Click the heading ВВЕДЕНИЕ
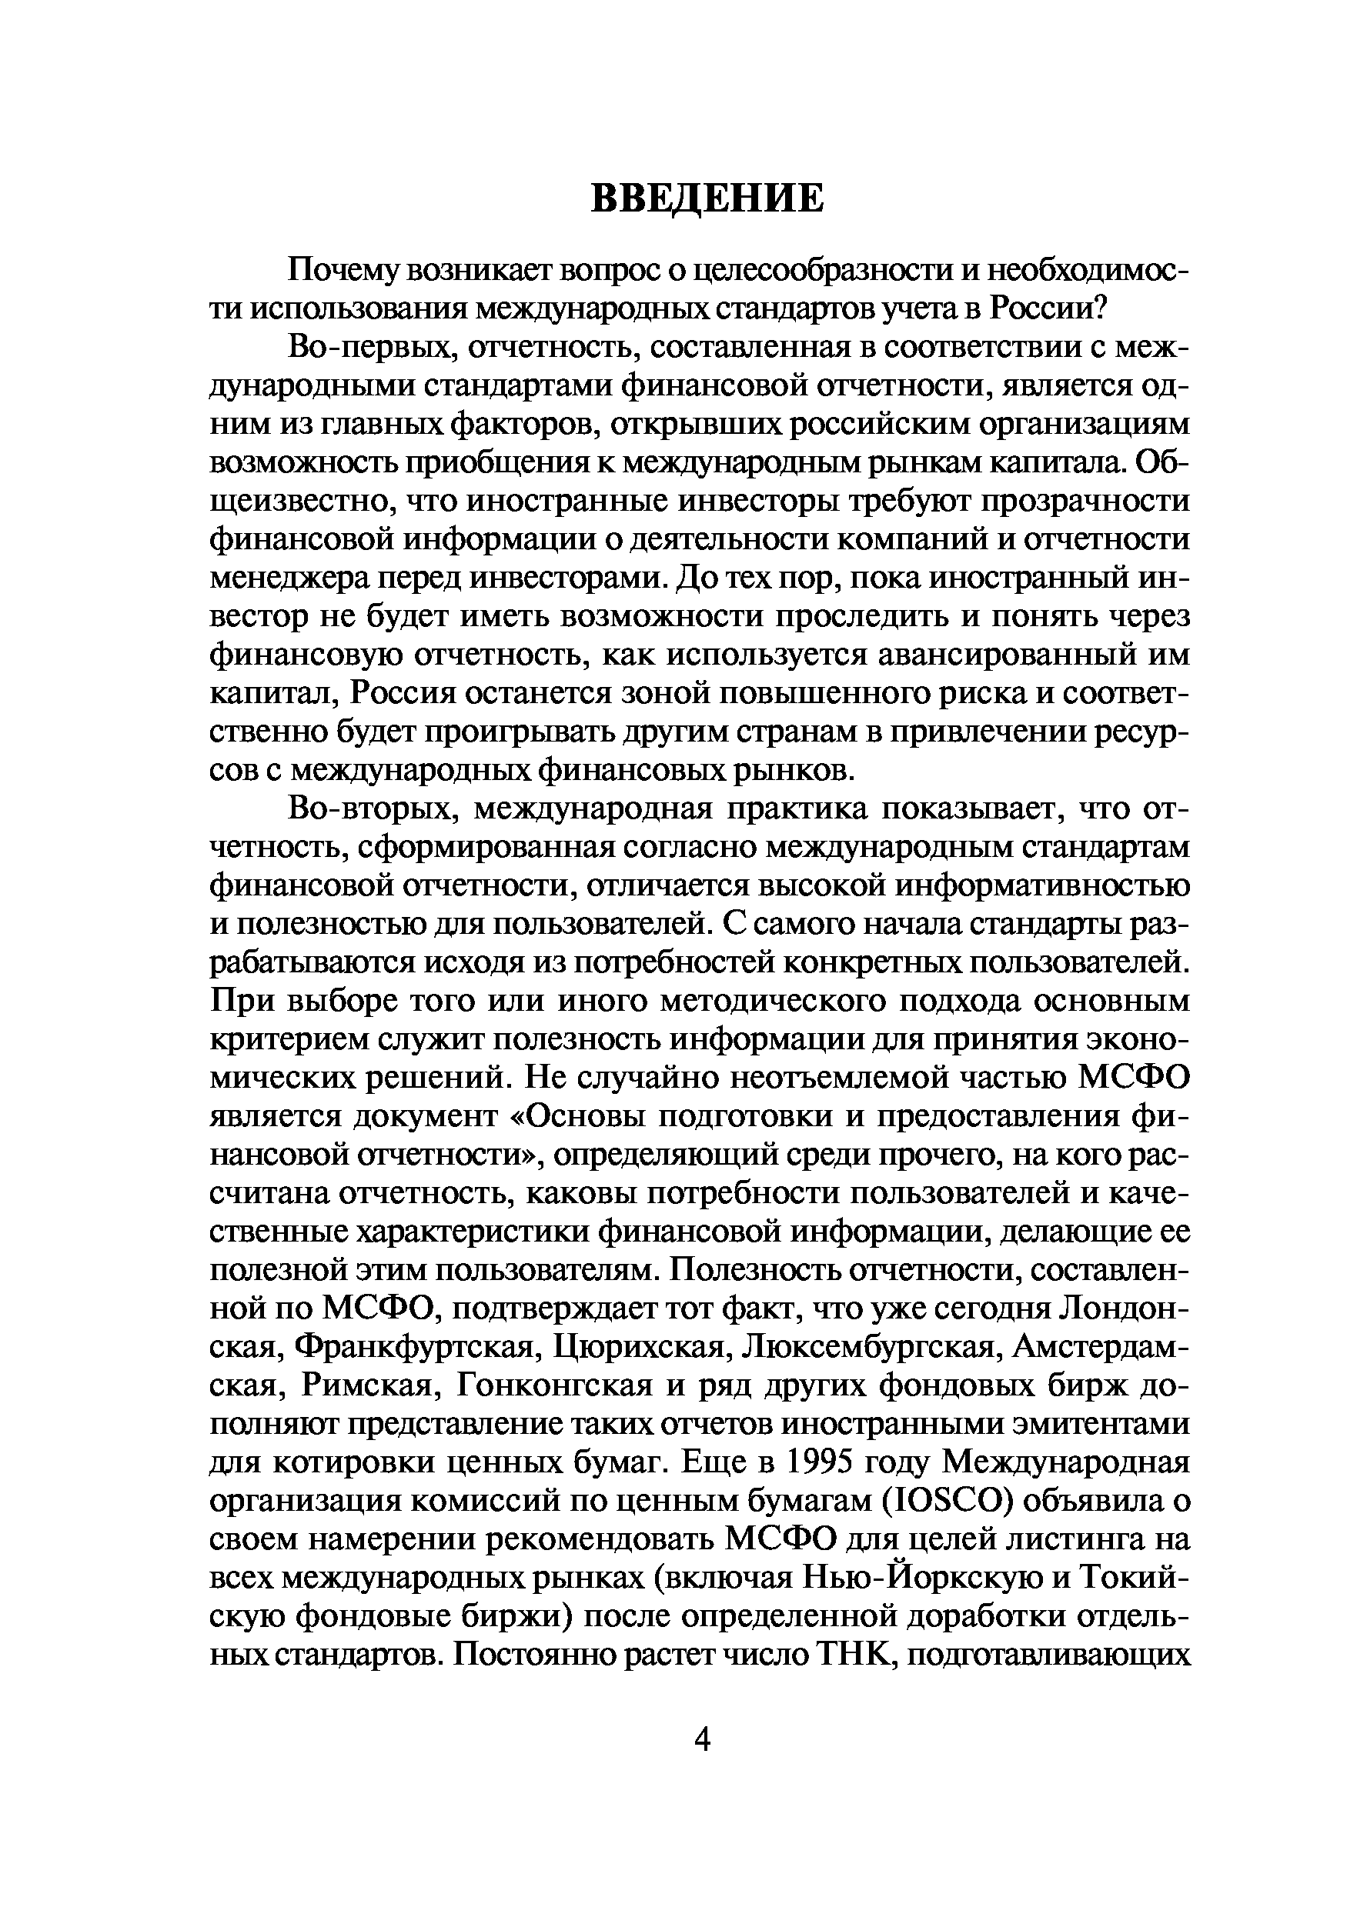pyautogui.click(x=707, y=198)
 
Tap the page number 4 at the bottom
pyautogui.click(x=702, y=1738)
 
